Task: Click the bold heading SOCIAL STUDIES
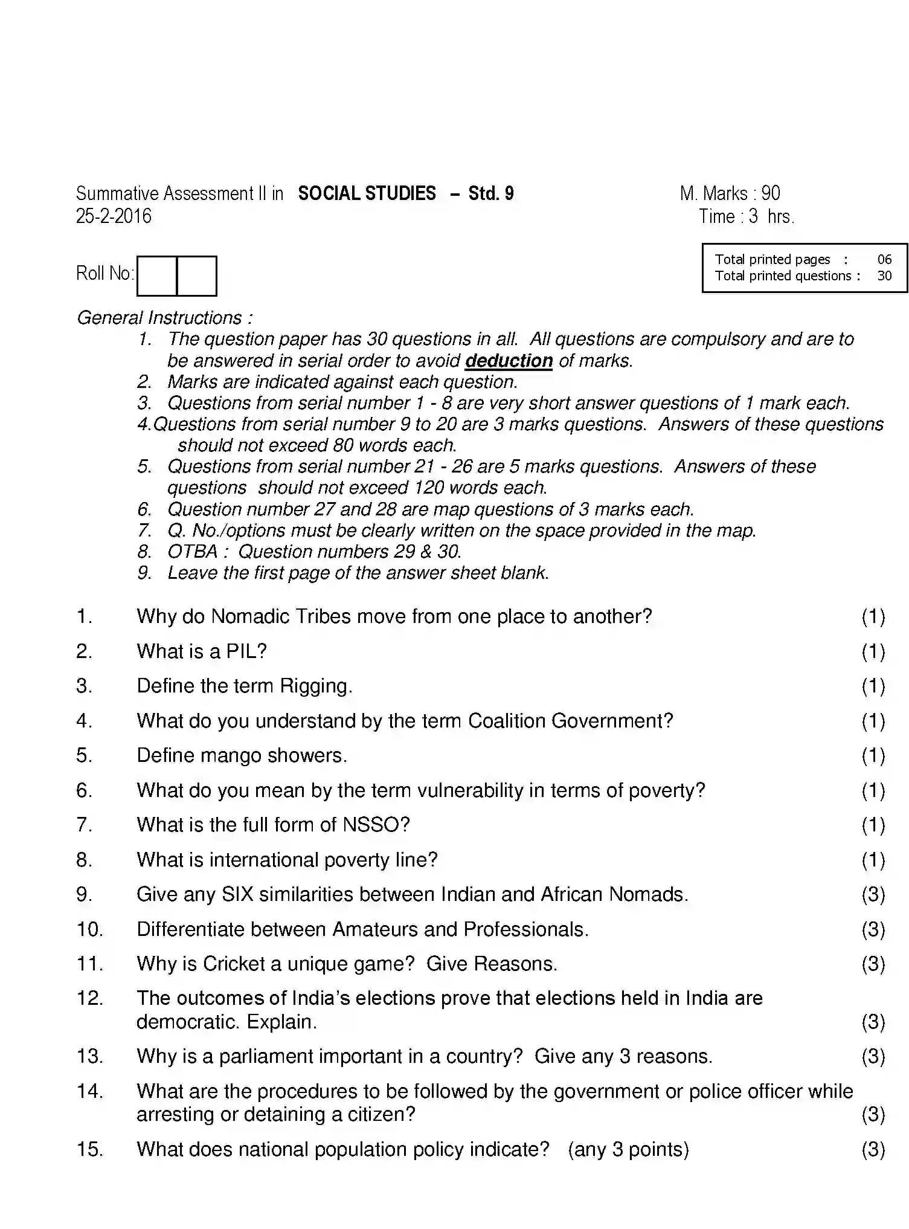[x=367, y=193]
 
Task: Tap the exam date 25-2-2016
[x=114, y=216]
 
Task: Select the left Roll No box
[x=157, y=276]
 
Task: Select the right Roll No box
[x=197, y=276]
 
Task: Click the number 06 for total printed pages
[x=884, y=260]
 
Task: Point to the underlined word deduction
[x=509, y=361]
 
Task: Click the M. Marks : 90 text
[x=730, y=193]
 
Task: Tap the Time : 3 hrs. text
[x=747, y=216]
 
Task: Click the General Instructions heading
[x=164, y=318]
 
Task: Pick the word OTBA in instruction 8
[x=193, y=552]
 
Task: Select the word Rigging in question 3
[x=315, y=686]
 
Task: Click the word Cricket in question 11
[x=234, y=964]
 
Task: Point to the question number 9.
[x=83, y=894]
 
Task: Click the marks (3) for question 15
[x=873, y=1149]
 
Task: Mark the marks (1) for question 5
[x=873, y=756]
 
